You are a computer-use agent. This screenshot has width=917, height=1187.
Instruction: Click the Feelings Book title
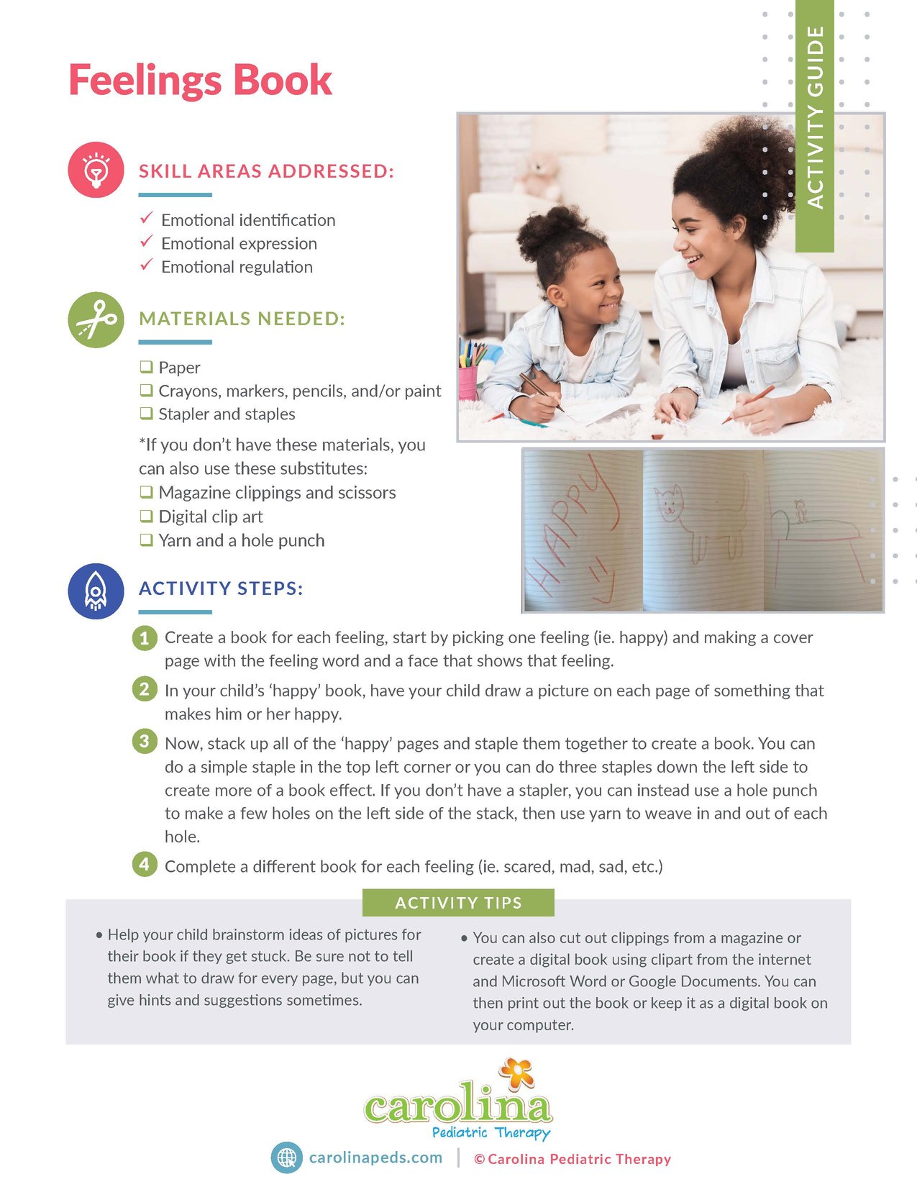click(200, 80)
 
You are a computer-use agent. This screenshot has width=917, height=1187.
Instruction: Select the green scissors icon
click(96, 320)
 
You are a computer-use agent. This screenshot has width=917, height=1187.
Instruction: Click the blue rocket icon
click(96, 591)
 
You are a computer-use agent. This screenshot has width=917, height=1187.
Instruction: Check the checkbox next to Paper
click(147, 367)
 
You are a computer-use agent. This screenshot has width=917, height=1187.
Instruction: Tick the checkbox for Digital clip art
click(147, 516)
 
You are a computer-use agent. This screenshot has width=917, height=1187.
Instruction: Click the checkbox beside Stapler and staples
click(147, 413)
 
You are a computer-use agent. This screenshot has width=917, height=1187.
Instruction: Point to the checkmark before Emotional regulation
click(147, 265)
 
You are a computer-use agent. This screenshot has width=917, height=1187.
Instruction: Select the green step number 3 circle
click(145, 741)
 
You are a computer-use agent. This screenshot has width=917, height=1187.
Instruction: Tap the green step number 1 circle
click(145, 637)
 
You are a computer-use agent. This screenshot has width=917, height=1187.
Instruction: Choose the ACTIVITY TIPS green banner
click(458, 903)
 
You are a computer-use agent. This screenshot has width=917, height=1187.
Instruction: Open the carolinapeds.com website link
click(375, 1158)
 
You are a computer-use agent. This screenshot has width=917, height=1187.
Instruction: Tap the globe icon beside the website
click(286, 1158)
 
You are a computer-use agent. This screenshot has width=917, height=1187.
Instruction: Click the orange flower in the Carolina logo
click(516, 1073)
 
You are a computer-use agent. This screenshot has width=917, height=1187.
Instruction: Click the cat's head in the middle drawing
click(670, 501)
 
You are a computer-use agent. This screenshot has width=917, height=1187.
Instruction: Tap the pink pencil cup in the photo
click(468, 382)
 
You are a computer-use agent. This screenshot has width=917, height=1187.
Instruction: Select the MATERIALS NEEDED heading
click(242, 319)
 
